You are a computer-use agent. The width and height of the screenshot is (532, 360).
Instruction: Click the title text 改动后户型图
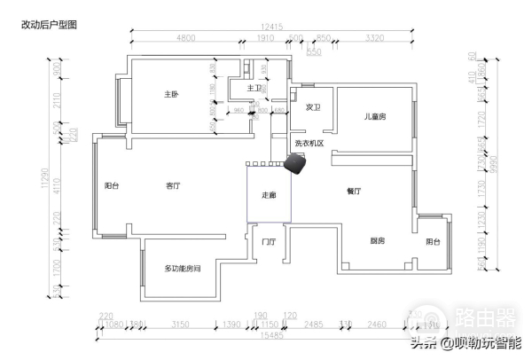click(49, 26)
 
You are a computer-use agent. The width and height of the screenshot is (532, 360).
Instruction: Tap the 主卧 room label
click(171, 94)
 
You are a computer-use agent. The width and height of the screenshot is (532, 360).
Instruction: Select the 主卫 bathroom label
click(254, 88)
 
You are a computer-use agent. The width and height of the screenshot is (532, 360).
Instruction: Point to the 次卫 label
click(312, 106)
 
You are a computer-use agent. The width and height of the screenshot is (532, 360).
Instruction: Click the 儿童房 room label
click(374, 116)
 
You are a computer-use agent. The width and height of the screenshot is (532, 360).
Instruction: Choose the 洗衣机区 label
click(309, 143)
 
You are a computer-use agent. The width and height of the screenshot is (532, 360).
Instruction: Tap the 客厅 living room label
click(174, 186)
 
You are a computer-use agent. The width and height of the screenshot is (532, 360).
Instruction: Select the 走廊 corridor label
click(268, 195)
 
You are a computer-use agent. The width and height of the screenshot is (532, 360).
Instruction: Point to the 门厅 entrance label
click(268, 241)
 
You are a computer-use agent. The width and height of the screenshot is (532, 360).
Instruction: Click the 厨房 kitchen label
click(377, 241)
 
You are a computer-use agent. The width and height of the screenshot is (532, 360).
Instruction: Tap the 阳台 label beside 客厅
click(112, 186)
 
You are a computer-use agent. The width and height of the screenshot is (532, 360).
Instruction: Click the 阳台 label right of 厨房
click(433, 241)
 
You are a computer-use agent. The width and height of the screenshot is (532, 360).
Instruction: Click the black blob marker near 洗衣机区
click(295, 164)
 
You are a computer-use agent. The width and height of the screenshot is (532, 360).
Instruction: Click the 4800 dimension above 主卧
click(186, 39)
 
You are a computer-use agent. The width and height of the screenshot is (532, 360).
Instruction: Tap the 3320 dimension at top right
click(374, 39)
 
